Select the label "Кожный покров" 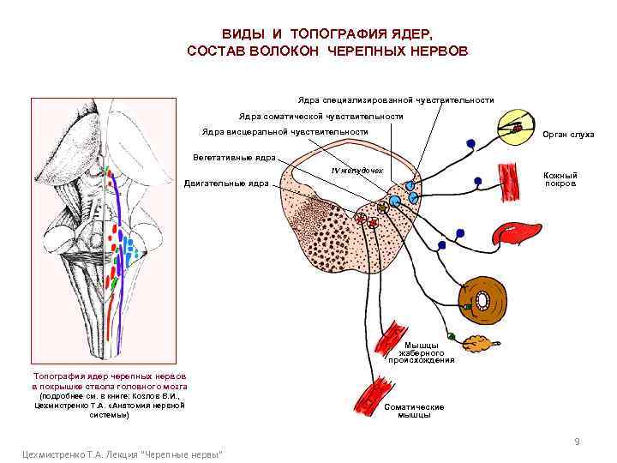click(x=560, y=179)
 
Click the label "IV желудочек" click(x=361, y=172)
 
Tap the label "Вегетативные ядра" click(x=233, y=158)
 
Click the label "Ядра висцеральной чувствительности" click(x=284, y=132)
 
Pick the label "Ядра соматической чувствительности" click(x=320, y=116)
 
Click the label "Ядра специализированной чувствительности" click(x=396, y=99)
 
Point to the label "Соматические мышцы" click(x=414, y=411)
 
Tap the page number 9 click(x=577, y=442)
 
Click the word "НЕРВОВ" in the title click(x=437, y=51)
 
